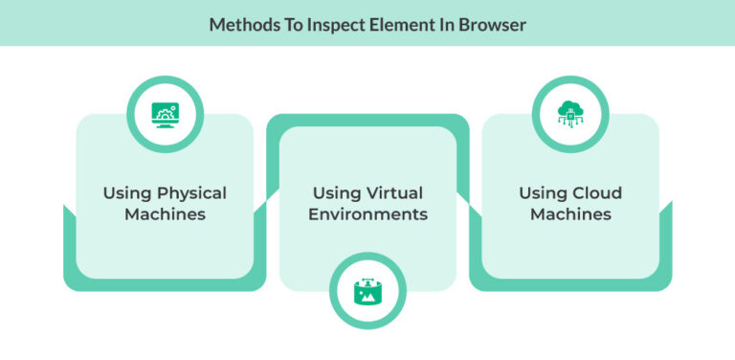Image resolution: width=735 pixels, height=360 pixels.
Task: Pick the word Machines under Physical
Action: (165, 214)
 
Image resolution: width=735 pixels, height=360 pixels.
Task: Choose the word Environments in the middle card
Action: (367, 214)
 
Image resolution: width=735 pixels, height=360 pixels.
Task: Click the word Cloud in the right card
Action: (596, 192)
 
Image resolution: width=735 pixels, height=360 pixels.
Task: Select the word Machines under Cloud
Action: (570, 214)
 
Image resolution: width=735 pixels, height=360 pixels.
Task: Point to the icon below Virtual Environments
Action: (367, 292)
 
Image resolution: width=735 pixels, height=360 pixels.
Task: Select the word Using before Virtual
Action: (331, 192)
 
